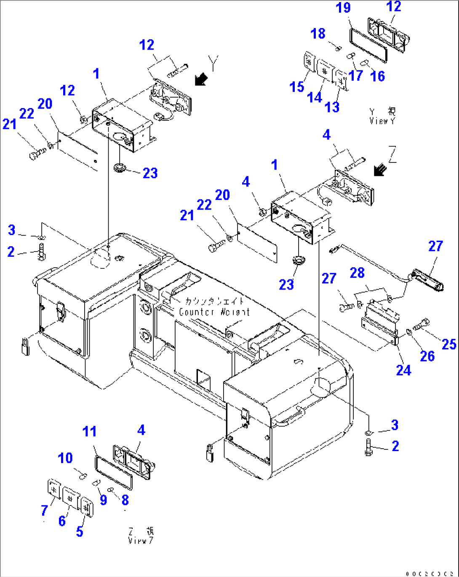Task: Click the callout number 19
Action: pyautogui.click(x=343, y=8)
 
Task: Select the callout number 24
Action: pyautogui.click(x=403, y=370)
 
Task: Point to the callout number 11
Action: pyautogui.click(x=89, y=432)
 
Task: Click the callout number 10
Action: pyautogui.click(x=65, y=458)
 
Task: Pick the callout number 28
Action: pyautogui.click(x=357, y=273)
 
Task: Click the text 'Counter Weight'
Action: pyautogui.click(x=214, y=312)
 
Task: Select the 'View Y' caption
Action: pyautogui.click(x=382, y=121)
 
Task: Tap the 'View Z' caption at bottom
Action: pyautogui.click(x=141, y=540)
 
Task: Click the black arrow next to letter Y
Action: pyautogui.click(x=201, y=79)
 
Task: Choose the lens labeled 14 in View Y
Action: pyautogui.click(x=324, y=70)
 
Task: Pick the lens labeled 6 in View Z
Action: pyautogui.click(x=71, y=498)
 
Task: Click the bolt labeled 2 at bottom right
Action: pyautogui.click(x=368, y=447)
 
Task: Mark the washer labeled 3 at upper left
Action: pyautogui.click(x=41, y=238)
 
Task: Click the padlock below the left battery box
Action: pyautogui.click(x=25, y=346)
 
